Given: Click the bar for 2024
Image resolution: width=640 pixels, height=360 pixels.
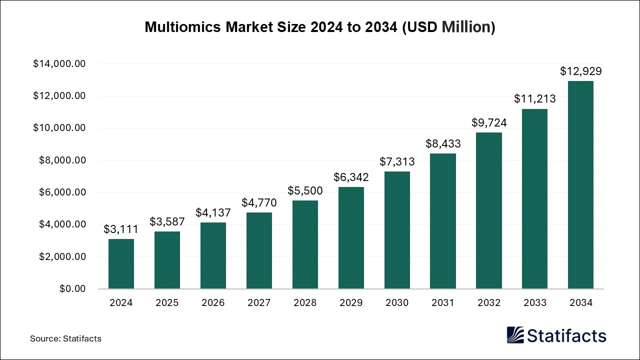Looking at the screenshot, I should pos(121,264).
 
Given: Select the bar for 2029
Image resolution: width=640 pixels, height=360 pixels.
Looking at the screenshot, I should pos(351,238).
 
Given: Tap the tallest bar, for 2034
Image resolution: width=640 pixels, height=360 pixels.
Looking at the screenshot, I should pos(580,185).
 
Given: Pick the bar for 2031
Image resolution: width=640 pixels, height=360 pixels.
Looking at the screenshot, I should pos(443,221).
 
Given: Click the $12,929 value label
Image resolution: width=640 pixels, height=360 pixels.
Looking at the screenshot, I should pos(580,71).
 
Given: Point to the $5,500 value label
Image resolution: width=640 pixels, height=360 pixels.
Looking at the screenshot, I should pos(305,190).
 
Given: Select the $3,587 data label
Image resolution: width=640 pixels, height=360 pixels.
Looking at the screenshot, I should pos(167,221).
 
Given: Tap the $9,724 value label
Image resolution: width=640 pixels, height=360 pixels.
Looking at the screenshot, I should pos(489,122).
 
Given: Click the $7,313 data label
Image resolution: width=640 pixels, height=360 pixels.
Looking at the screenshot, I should pos(397,161).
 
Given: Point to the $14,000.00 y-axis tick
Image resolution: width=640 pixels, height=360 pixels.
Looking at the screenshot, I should pos(59,64).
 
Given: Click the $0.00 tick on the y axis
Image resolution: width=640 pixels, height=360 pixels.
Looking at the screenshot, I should pos(72,289).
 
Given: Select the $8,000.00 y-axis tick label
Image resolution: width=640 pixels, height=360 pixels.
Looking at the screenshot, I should pos(62,160).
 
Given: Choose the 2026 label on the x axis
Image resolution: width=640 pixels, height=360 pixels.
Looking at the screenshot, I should pos(213,303).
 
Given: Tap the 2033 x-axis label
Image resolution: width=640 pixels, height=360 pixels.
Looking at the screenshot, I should pos(534,303).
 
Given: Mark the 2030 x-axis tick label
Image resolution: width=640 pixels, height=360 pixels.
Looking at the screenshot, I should pos(397,303).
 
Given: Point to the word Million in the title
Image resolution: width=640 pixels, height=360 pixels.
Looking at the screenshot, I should pos(465,27).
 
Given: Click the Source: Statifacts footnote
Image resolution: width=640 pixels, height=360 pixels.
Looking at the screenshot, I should pos(65,338).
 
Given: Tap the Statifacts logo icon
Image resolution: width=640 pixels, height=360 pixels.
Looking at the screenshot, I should pos(515,335).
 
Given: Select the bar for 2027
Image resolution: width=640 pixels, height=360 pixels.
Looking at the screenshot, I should pos(259,250).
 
